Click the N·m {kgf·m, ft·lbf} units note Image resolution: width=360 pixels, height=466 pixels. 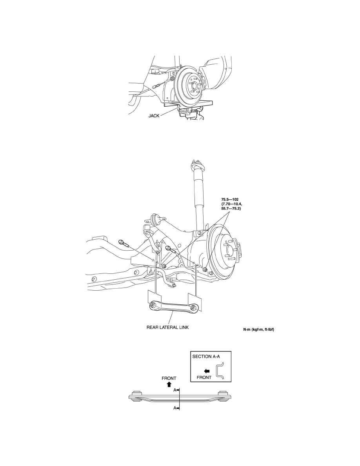click(x=261, y=329)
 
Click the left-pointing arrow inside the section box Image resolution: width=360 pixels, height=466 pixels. click(x=207, y=371)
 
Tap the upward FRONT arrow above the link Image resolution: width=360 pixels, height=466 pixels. click(x=169, y=384)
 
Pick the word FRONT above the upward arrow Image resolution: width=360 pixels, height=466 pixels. click(x=169, y=378)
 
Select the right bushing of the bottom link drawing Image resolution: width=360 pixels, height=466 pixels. click(x=223, y=392)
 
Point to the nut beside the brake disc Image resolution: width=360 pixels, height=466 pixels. click(x=205, y=269)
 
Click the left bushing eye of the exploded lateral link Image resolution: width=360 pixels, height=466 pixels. click(x=152, y=304)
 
